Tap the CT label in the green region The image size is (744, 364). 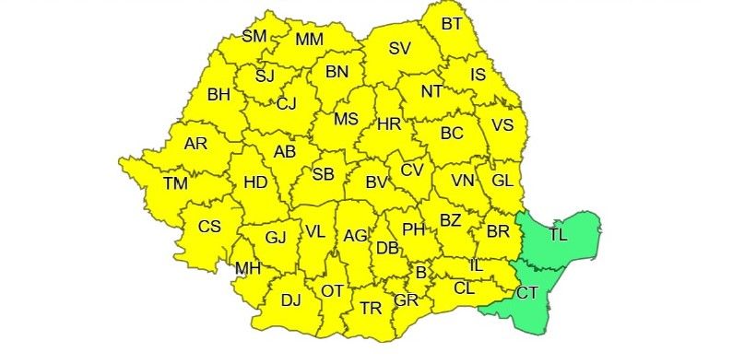(526, 294)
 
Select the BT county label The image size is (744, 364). (452, 24)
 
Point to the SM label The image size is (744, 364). (254, 36)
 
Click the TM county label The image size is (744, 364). (175, 183)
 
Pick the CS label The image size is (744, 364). (210, 227)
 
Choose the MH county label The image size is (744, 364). (248, 269)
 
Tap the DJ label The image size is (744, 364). (290, 299)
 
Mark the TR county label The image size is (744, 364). (371, 308)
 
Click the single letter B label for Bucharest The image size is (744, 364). (421, 273)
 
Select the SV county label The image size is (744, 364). (399, 49)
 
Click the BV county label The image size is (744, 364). (376, 182)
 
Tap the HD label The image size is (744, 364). (255, 182)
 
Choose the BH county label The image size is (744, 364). (218, 94)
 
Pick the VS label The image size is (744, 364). (502, 125)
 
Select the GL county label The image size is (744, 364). (502, 181)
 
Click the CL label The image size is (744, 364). (465, 287)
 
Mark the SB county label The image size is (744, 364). (323, 174)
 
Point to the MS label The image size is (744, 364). (346, 119)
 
